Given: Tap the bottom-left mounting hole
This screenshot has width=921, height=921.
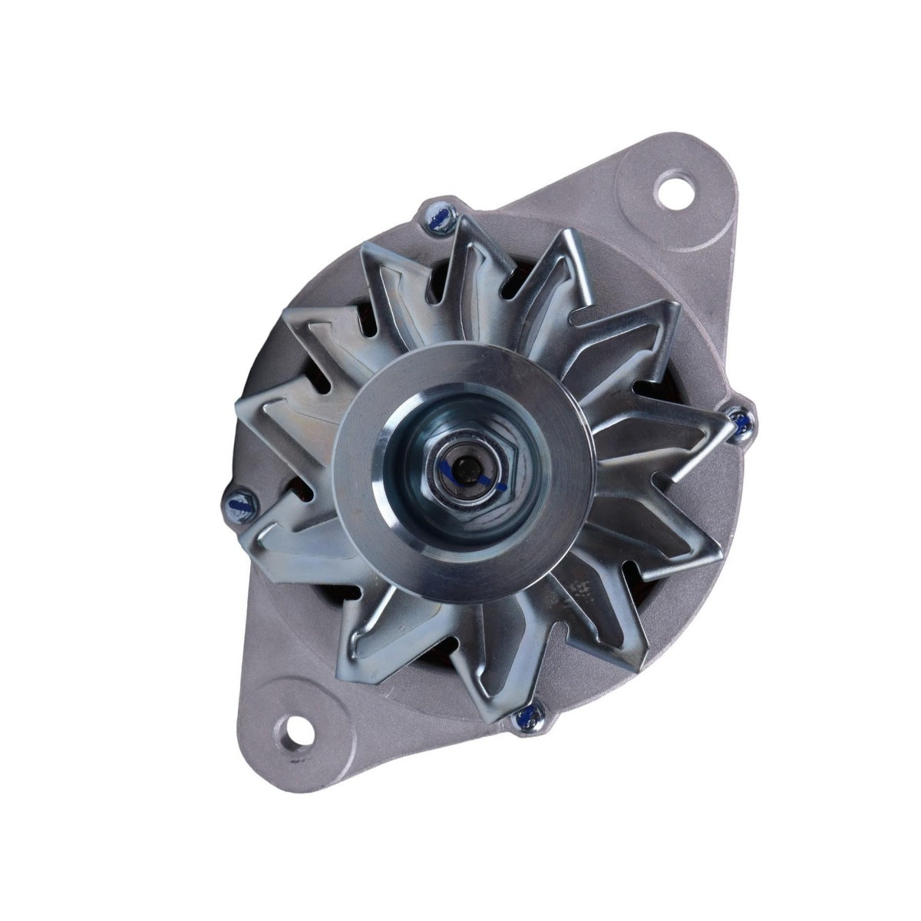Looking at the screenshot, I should (x=296, y=721).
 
